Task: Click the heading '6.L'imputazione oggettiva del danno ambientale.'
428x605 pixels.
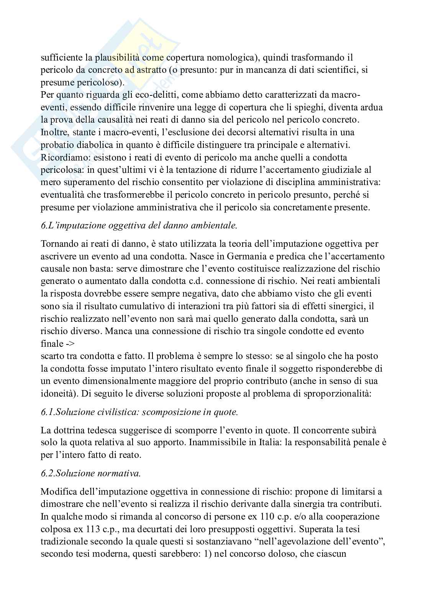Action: click(x=139, y=226)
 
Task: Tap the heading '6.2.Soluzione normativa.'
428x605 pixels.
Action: click(x=91, y=473)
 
